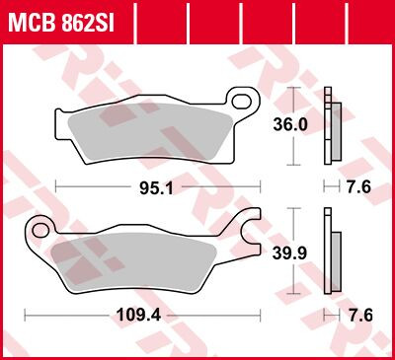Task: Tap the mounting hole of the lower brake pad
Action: pyautogui.click(x=40, y=231)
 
